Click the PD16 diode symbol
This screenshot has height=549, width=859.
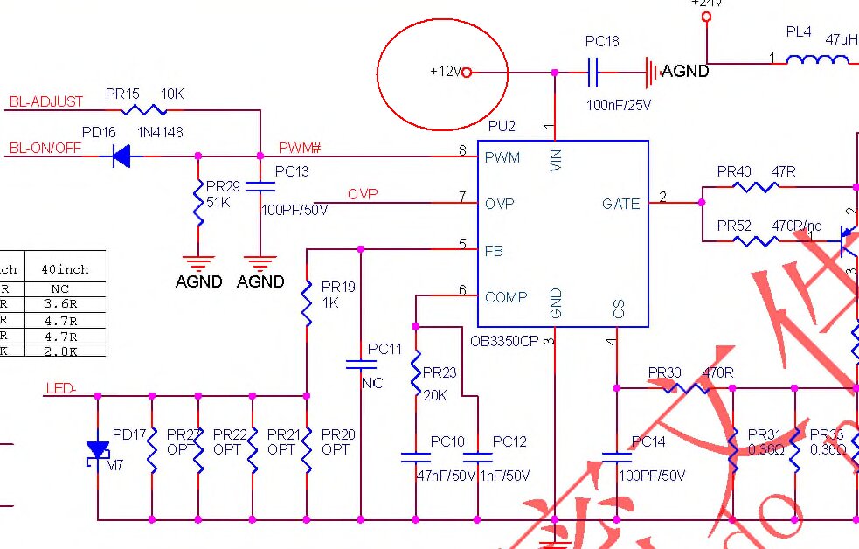point(121,156)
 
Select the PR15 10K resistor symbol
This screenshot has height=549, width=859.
point(144,110)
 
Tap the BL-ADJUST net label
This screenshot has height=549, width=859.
point(46,102)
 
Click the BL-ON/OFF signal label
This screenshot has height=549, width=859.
point(45,149)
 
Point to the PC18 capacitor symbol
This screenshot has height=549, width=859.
point(592,72)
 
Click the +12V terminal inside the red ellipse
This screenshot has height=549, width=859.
point(466,73)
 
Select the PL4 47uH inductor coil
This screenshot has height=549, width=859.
point(817,59)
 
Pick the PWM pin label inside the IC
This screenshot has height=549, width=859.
point(502,157)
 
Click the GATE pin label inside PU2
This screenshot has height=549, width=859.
point(620,204)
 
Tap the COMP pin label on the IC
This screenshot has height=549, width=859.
point(506,297)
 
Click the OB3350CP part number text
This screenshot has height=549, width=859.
point(504,341)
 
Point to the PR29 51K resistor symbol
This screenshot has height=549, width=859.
point(198,203)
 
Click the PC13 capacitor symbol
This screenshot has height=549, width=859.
point(260,185)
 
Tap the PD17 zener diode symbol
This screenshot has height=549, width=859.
point(97,450)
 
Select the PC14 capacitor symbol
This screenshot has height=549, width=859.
point(617,456)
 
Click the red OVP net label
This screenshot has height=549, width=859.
point(363,194)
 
